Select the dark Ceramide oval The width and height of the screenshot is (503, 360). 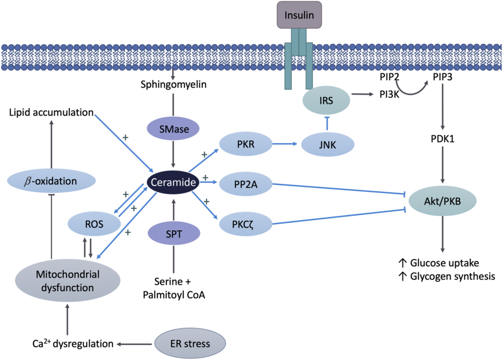(173, 182)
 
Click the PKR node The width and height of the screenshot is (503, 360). (245, 144)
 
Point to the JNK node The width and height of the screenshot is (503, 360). (328, 144)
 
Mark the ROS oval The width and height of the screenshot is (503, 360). (94, 225)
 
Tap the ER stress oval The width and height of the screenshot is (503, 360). (190, 343)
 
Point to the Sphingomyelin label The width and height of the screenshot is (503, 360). (173, 84)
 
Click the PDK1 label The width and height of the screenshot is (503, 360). (444, 138)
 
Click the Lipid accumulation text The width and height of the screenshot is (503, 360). (51, 112)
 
